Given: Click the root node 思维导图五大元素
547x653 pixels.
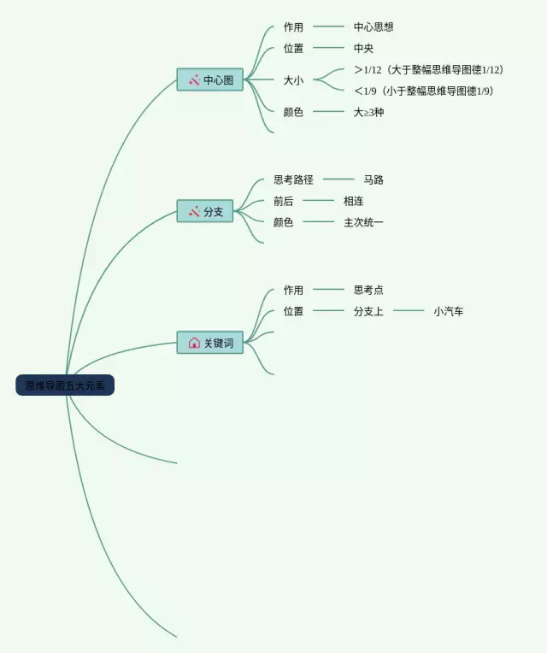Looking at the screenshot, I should tap(65, 385).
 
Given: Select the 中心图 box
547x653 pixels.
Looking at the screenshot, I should tap(210, 79).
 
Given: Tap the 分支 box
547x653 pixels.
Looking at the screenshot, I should tap(210, 211).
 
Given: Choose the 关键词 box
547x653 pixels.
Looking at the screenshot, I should tap(210, 343).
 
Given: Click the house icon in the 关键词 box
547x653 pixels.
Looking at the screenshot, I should tap(194, 343).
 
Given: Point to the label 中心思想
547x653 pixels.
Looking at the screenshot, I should tap(373, 27).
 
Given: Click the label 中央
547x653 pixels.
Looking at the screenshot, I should tap(363, 49).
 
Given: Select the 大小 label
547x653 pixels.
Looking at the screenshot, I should tap(293, 80).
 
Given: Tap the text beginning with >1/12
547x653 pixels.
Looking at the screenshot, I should tap(428, 70).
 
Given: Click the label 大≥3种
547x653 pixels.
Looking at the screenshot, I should tap(368, 112).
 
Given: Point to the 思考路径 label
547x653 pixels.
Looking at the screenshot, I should tap(293, 179).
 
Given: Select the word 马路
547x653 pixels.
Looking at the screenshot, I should tap(373, 179).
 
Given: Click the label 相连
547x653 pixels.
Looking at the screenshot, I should tap(353, 201).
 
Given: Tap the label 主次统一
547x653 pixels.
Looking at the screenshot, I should tap(363, 222).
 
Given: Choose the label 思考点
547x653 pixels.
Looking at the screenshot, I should tap(368, 291).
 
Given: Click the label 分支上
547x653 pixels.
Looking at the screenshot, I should tap(368, 312).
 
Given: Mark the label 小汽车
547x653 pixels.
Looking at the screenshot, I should tap(448, 312).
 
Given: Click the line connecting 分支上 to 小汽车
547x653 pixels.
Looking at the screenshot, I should tap(409, 312).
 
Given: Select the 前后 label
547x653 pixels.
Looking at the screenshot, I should tap(283, 201).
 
